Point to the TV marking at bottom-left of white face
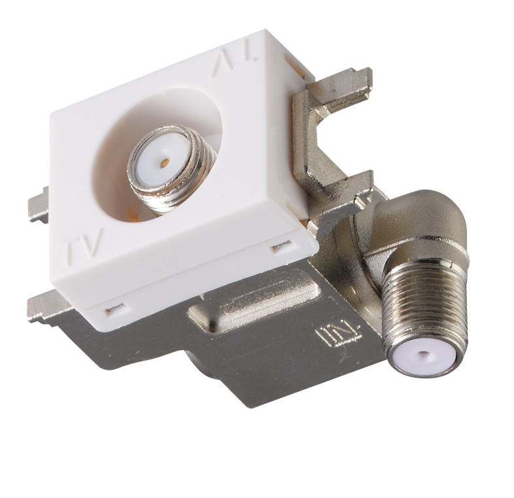[x=85, y=244]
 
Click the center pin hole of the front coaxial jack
[x=165, y=162]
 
